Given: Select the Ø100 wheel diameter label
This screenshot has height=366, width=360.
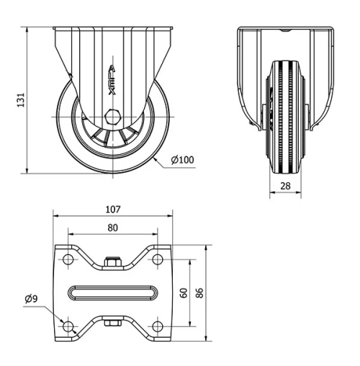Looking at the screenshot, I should (184, 160).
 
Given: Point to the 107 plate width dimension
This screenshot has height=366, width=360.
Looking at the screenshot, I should (112, 210).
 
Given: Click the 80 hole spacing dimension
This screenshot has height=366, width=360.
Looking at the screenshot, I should (112, 228).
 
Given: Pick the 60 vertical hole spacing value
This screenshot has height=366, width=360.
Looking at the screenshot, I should (184, 293).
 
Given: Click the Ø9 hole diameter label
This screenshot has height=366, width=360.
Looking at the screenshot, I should (31, 298).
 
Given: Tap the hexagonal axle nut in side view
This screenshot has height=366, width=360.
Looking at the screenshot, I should (112, 117).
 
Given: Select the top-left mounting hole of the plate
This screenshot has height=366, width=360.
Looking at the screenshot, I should (69, 259).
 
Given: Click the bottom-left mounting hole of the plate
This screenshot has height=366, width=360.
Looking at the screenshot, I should (69, 326).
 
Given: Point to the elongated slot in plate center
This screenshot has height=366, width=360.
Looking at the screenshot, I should (112, 293).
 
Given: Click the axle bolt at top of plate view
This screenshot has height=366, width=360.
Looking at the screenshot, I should (112, 262).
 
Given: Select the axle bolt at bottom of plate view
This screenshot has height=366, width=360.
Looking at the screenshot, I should (112, 323).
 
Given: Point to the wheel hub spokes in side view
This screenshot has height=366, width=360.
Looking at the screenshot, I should (112, 135).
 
